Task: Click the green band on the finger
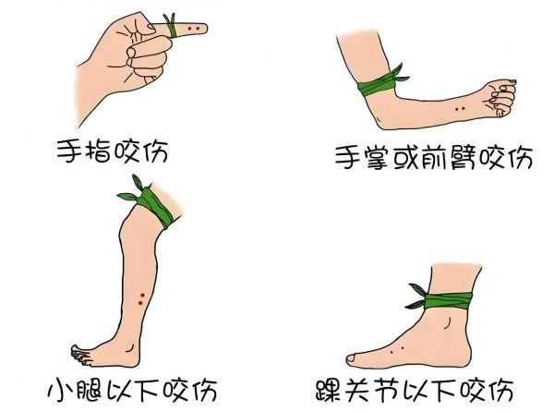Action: point(172,27)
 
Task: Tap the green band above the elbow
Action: point(378,84)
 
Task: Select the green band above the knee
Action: point(153,205)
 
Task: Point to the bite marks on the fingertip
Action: point(194,29)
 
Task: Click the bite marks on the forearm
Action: point(460,109)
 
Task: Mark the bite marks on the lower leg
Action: point(141,299)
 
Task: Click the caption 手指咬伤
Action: point(113,151)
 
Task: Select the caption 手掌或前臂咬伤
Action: point(434,157)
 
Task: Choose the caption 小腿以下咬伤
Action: point(132,390)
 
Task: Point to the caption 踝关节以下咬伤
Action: point(415,390)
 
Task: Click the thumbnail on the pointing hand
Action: point(151,26)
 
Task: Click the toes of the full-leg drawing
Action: point(81,355)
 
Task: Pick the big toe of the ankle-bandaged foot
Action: point(355,359)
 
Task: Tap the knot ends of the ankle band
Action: point(416,296)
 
